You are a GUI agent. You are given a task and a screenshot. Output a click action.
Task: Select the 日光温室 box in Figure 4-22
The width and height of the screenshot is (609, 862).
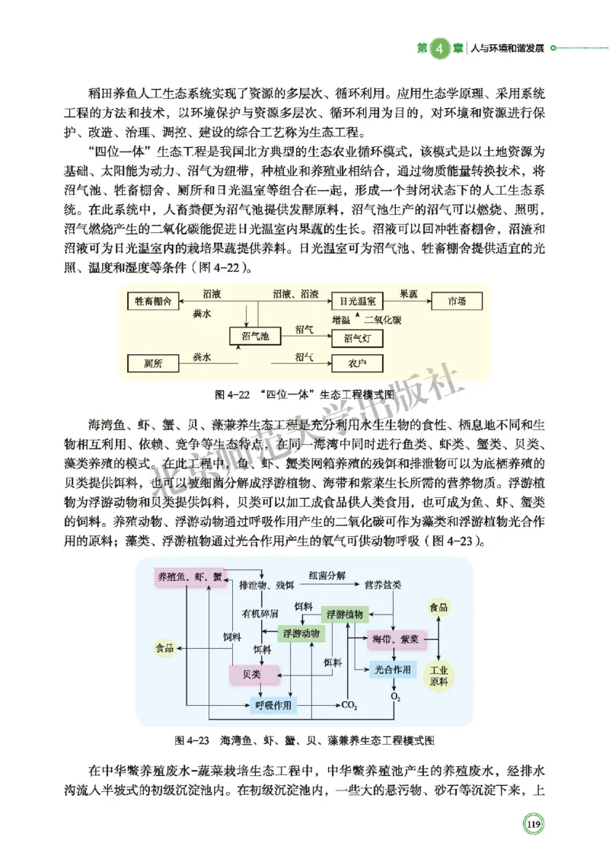[357, 302]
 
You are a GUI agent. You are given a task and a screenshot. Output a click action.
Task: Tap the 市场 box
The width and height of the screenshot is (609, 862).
[458, 302]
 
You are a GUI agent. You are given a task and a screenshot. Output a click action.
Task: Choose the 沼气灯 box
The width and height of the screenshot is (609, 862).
[357, 337]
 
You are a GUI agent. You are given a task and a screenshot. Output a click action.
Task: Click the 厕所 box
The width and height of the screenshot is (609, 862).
[152, 363]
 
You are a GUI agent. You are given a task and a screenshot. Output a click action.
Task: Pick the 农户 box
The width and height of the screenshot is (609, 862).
[357, 363]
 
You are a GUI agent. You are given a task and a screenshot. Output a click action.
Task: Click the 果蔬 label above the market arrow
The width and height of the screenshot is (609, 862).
[408, 293]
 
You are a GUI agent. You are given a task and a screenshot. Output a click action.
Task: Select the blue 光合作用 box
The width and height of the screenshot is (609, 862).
[392, 670]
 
